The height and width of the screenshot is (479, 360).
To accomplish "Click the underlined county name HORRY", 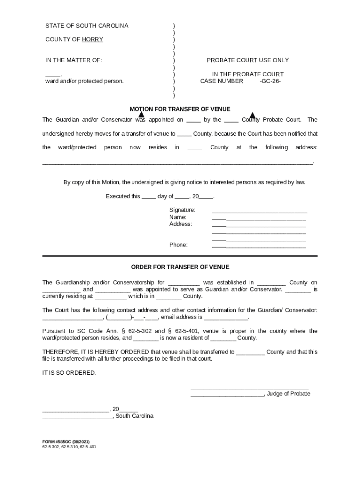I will (93, 39).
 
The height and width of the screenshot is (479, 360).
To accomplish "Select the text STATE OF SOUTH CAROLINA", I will (86, 25).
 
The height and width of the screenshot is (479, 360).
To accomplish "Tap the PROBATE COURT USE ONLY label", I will (248, 60).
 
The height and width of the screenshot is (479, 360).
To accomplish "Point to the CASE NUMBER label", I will (222, 81).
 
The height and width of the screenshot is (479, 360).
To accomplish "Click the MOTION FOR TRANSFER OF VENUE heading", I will (180, 109).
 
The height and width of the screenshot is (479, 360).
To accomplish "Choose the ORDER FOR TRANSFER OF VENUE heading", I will (180, 267).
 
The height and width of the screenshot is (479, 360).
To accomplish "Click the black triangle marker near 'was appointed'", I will (141, 115).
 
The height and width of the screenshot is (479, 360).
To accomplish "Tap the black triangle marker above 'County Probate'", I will (252, 116).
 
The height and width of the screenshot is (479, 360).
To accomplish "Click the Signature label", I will (182, 210).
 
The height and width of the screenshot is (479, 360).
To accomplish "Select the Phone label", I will (178, 245).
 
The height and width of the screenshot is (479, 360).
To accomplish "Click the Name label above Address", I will (178, 217).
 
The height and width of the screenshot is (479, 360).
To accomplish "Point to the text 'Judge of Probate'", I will (288, 393).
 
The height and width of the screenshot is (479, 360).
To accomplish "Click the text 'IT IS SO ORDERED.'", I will (69, 373).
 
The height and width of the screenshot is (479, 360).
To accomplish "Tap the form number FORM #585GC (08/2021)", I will (66, 442).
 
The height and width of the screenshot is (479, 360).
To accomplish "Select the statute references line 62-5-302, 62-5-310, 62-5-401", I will (69, 447).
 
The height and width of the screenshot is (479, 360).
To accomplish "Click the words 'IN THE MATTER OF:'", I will (73, 60).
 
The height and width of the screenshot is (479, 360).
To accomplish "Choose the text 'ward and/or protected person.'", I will (84, 81).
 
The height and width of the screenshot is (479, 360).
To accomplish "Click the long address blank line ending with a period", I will (178, 163).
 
